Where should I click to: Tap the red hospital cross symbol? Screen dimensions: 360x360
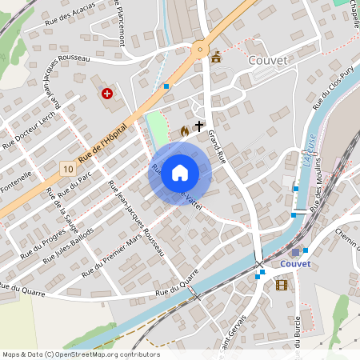coord(106,94)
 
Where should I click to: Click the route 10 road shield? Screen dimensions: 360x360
coord(67,169)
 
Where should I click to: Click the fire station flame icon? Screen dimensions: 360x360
coord(185,130)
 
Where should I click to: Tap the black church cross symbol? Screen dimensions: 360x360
coord(199,126)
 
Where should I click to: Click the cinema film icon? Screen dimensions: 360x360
coord(281,284)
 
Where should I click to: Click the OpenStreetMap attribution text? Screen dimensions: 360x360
coord(80,354)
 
